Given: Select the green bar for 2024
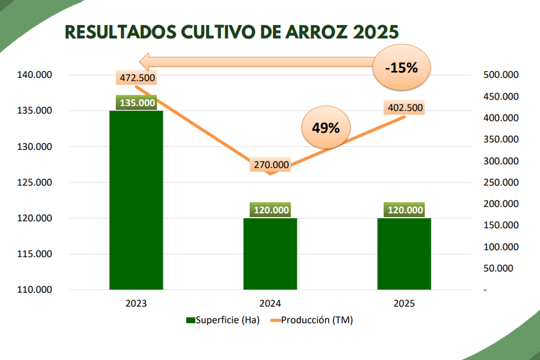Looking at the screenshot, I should point(270,254).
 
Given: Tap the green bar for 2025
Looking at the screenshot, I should point(404,254).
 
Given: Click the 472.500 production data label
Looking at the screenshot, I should point(137,78).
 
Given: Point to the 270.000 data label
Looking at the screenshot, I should point(271,165).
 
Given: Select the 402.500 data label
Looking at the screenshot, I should point(405,108).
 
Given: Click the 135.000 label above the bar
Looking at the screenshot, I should point(137,103).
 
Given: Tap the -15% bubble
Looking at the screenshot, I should point(402,68).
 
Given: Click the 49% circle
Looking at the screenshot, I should point(326,128).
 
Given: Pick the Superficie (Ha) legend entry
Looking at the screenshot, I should point(222,320).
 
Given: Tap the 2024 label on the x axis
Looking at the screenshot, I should point(270,304).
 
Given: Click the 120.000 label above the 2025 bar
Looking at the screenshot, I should point(405,210).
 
